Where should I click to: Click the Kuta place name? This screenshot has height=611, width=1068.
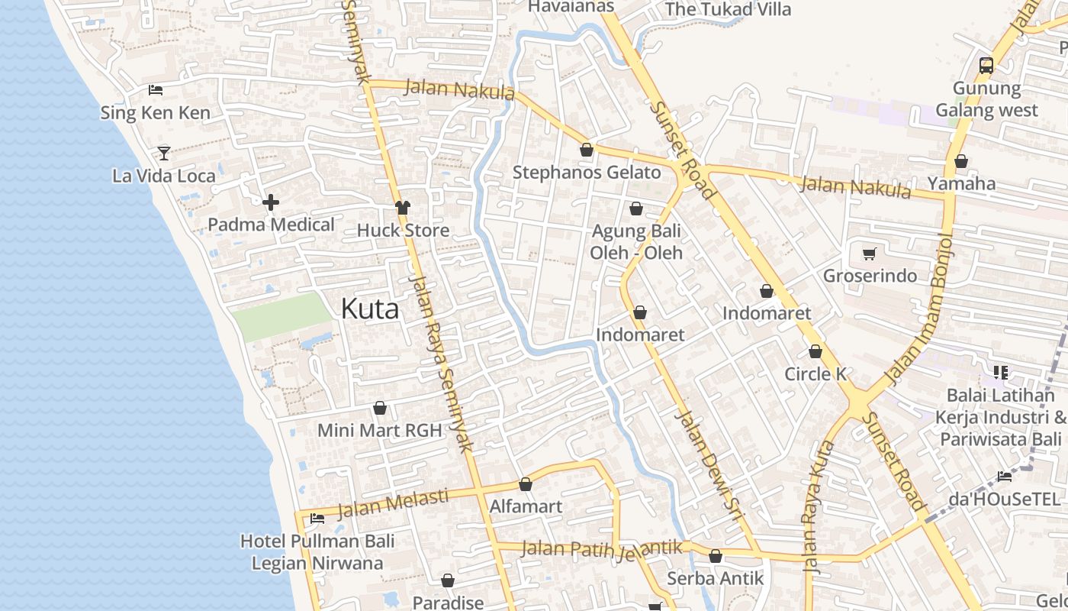[369, 309]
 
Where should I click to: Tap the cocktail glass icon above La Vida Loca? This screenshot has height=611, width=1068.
[164, 153]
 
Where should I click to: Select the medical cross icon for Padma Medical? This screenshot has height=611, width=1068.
[270, 202]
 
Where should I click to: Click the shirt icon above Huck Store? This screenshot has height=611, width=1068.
[403, 208]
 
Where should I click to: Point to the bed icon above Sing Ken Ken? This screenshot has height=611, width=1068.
[156, 90]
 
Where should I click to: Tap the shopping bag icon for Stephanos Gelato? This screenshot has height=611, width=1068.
[587, 150]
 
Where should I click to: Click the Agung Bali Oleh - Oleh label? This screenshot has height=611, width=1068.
[636, 241]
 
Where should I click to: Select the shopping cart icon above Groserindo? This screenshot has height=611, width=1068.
[870, 254]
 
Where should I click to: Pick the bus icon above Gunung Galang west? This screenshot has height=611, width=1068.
[986, 66]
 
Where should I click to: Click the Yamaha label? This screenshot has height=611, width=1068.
[961, 183]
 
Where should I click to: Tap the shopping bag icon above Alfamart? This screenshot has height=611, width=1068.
[526, 484]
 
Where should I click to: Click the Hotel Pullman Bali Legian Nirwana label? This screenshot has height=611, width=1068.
[317, 552]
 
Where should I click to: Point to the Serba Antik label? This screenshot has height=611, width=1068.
[715, 578]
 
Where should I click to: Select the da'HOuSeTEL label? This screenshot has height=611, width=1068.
[1004, 499]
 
